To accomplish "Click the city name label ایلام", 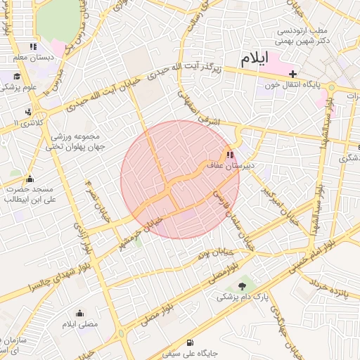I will click(x=255, y=59).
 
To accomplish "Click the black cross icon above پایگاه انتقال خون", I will click(x=292, y=73).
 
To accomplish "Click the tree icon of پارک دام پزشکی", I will click(x=243, y=285).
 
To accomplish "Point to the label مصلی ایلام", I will click(x=79, y=324).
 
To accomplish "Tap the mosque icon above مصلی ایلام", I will click(x=79, y=313).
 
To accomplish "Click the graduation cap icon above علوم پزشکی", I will click(x=16, y=76).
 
